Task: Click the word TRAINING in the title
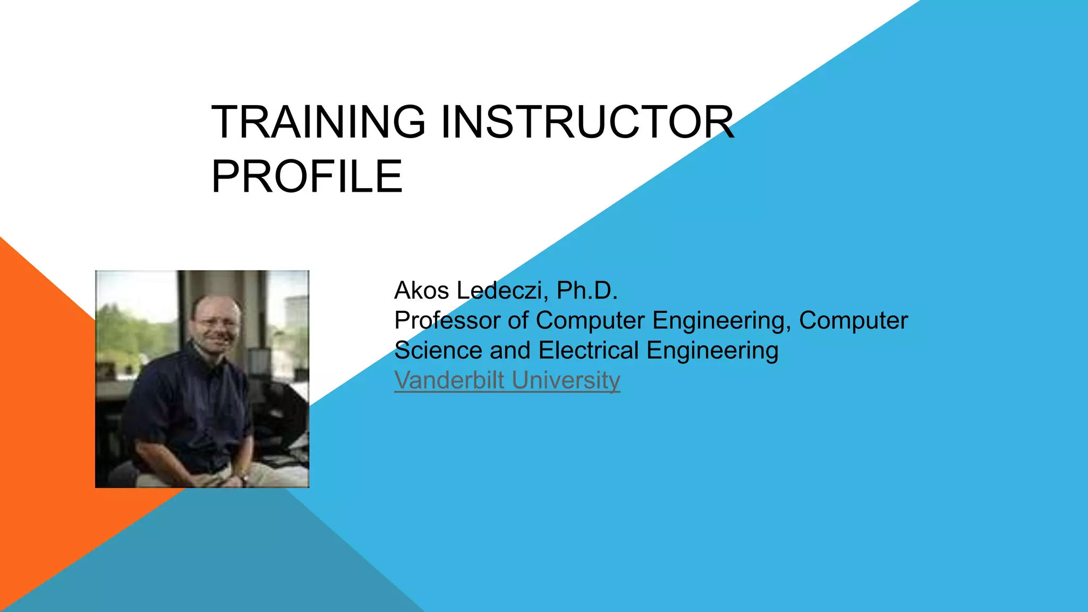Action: [318, 122]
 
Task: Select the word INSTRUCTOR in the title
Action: [587, 122]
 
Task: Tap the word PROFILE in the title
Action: [307, 177]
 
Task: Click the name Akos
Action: [422, 291]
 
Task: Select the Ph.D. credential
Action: [587, 291]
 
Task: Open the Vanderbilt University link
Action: [507, 380]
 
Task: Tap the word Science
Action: [438, 351]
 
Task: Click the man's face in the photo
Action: [217, 325]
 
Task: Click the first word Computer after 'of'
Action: [590, 321]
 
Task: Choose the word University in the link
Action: [566, 380]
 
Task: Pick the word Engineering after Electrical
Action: [712, 351]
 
